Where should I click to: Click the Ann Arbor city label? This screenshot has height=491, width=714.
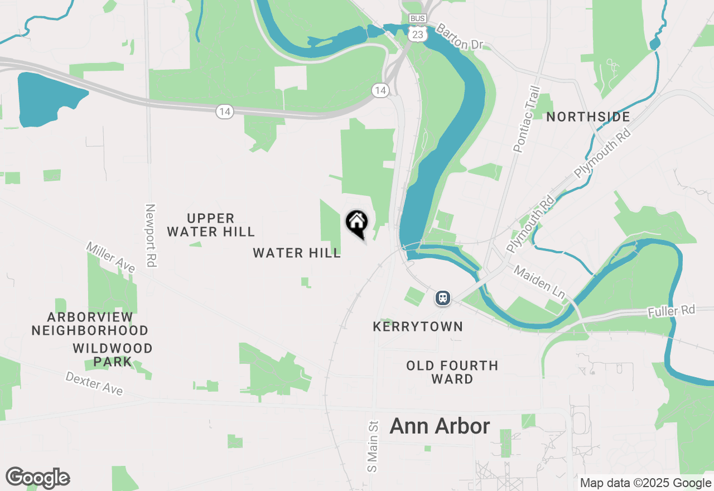point(440,426)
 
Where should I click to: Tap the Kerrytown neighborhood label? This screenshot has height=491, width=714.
point(418,326)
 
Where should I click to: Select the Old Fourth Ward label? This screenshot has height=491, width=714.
point(452,372)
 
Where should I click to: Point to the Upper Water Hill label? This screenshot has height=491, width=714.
point(211,225)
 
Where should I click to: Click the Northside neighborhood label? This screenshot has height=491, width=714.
point(588,117)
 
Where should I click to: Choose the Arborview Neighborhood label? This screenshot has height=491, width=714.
point(90,324)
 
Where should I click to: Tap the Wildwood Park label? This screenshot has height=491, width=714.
point(113,355)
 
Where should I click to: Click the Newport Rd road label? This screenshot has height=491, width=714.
point(150,235)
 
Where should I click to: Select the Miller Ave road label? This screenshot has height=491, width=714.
point(110,257)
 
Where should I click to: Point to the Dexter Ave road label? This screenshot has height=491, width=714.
point(94,383)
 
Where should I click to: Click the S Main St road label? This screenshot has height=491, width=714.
point(373,446)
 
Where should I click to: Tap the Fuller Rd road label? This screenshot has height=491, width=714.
point(672,311)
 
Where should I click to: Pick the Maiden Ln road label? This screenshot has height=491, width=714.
point(539,281)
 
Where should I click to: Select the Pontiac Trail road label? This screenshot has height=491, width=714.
point(527,119)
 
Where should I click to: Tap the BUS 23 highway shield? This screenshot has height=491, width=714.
point(417,28)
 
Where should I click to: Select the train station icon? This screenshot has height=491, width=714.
point(443,298)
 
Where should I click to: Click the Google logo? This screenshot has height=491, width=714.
point(37,478)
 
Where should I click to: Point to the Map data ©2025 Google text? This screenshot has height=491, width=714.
point(645,483)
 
